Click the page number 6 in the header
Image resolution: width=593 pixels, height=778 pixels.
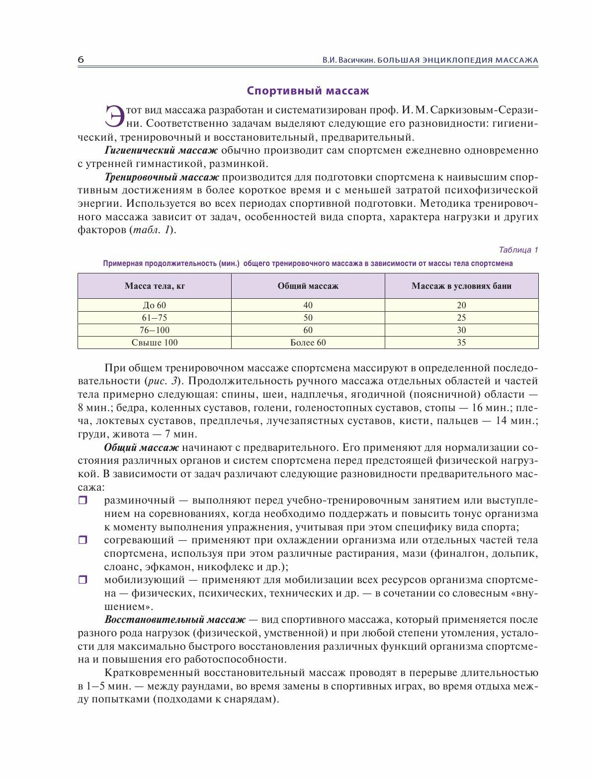pyautogui.click(x=81, y=60)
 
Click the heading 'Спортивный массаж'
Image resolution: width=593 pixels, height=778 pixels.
pyautogui.click(x=308, y=91)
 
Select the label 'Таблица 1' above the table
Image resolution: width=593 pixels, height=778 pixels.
pyautogui.click(x=518, y=250)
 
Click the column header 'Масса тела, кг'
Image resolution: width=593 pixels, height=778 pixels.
pyautogui.click(x=155, y=286)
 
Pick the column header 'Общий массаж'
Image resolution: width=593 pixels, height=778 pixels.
pyautogui.click(x=308, y=286)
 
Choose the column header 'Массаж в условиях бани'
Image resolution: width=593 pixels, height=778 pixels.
pyautogui.click(x=461, y=286)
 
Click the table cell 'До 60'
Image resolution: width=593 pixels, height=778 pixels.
pyautogui.click(x=155, y=305)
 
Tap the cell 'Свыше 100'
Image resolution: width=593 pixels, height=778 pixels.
pyautogui.click(x=155, y=343)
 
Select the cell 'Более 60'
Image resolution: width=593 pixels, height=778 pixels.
pyautogui.click(x=308, y=343)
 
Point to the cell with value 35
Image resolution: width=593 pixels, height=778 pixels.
pyautogui.click(x=461, y=343)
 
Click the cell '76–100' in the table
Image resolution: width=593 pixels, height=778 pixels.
pyautogui.click(x=155, y=330)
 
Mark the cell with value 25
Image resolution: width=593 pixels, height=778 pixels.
pyautogui.click(x=461, y=318)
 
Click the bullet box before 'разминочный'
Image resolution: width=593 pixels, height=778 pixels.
pyautogui.click(x=83, y=501)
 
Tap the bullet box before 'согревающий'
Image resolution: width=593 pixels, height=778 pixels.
pyautogui.click(x=83, y=540)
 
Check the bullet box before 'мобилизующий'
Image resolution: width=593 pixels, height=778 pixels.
pyautogui.click(x=83, y=580)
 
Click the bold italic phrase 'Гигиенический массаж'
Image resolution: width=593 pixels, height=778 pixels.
pyautogui.click(x=161, y=151)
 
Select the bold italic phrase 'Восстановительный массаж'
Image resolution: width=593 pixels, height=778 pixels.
pyautogui.click(x=175, y=620)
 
